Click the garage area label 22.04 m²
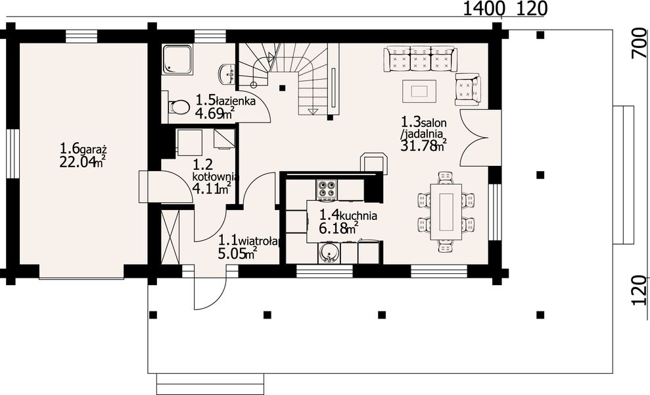pos(83,162)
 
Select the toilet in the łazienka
pos(177,107)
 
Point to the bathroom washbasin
pos(227,73)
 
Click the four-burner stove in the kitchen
pos(327,190)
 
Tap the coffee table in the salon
pos(419,90)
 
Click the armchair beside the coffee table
pos(467,89)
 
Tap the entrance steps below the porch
pos(210,382)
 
